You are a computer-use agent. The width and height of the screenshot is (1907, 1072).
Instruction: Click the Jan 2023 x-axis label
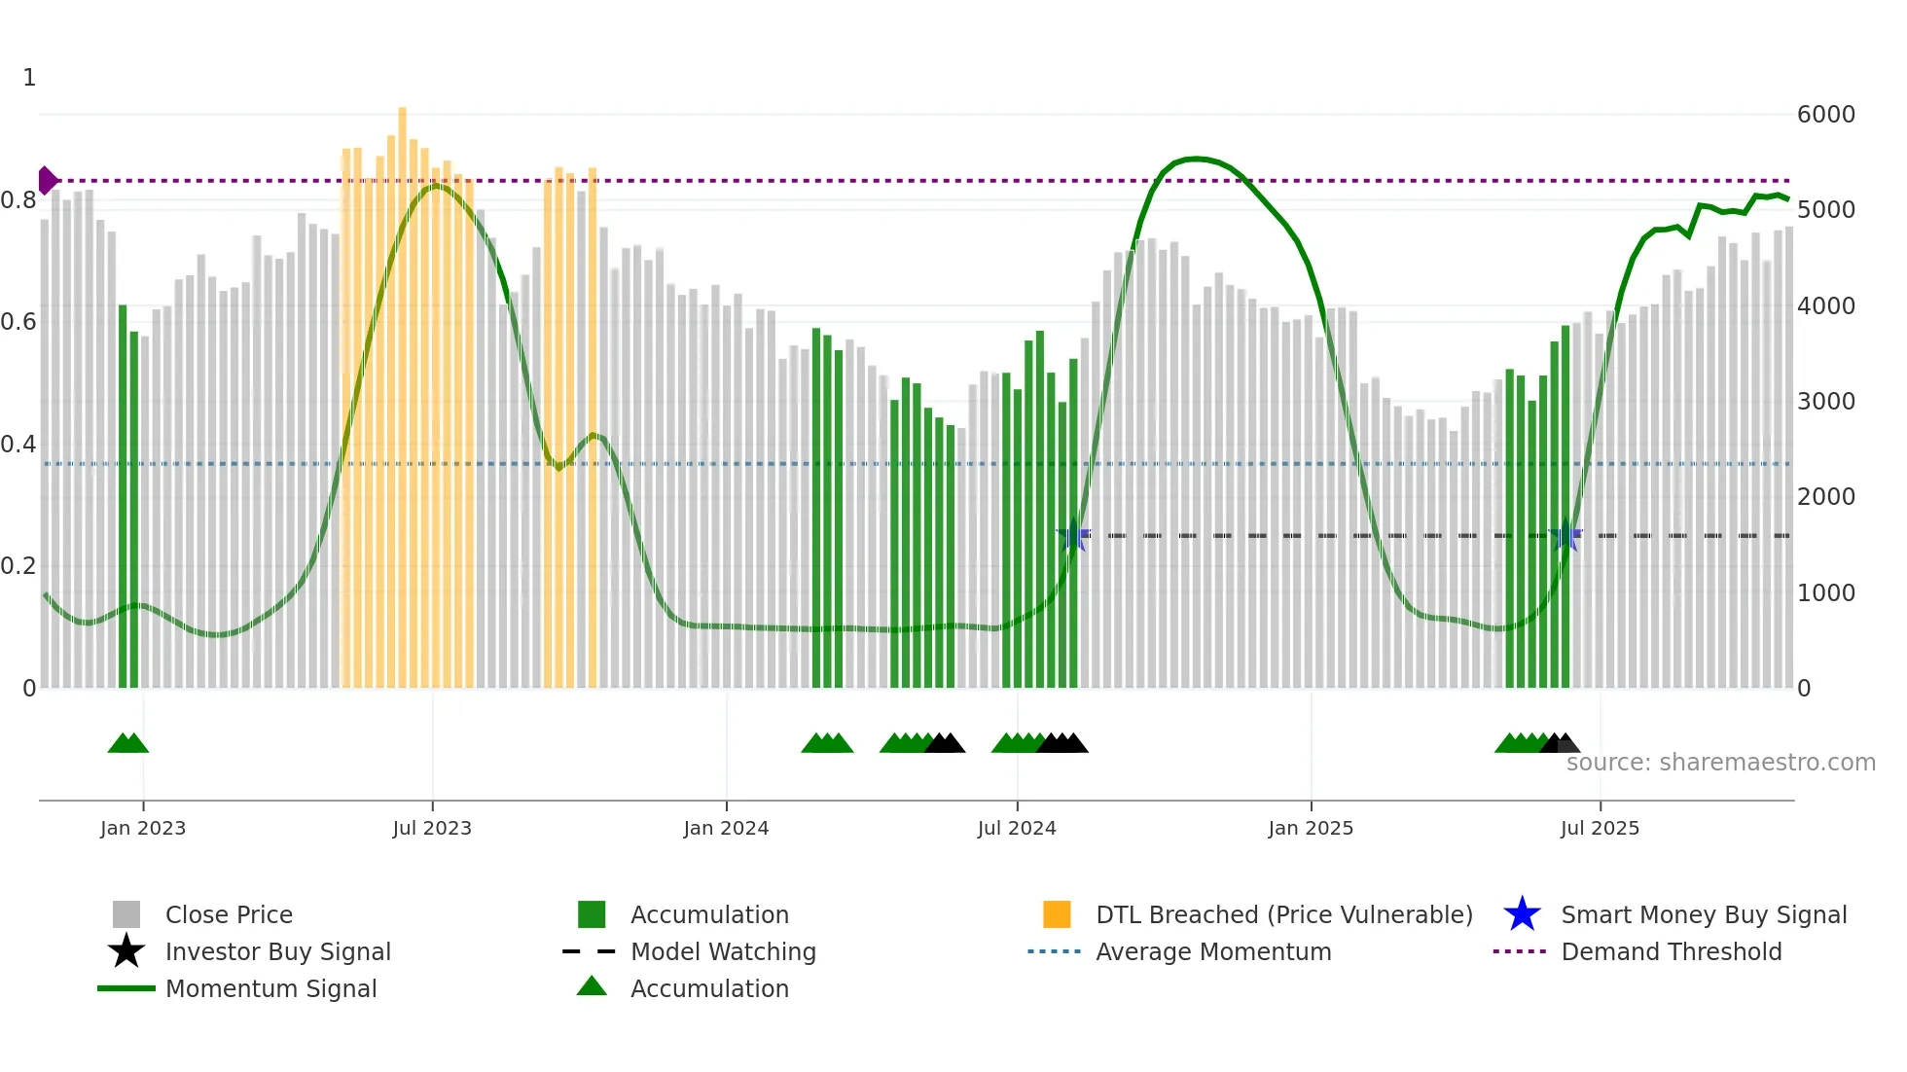[x=143, y=828]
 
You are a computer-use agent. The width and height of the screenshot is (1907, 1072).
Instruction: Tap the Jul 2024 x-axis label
[x=1017, y=828]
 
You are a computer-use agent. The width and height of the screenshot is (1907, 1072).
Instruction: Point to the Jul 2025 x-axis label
[x=1600, y=828]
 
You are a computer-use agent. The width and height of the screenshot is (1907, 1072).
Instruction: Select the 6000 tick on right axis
[x=1825, y=115]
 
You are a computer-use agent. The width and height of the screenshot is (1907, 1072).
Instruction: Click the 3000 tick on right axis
[x=1825, y=401]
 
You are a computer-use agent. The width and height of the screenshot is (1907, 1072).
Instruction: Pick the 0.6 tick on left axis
[x=18, y=322]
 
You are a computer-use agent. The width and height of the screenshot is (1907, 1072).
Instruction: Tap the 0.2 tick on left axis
[x=18, y=566]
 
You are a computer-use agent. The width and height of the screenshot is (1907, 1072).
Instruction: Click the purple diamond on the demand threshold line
[x=47, y=180]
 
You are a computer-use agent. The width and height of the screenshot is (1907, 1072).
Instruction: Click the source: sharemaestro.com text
[x=1720, y=762]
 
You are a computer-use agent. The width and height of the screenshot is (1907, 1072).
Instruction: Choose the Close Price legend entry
[x=229, y=914]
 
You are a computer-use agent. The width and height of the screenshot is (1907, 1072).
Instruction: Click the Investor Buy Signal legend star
[x=126, y=951]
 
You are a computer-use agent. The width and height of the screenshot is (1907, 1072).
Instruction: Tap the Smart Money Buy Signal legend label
[x=1703, y=914]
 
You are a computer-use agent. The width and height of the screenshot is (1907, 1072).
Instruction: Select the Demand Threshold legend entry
[x=1671, y=951]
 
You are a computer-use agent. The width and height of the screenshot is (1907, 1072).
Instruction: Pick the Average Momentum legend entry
[x=1212, y=951]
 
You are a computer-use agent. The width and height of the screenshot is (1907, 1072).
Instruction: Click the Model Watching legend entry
[x=722, y=951]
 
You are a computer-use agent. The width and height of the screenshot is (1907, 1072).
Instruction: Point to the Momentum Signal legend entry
[x=270, y=988]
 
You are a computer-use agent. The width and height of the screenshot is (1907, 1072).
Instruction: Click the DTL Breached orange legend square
[x=1057, y=914]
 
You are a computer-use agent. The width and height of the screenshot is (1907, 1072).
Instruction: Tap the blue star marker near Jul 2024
[x=1073, y=535]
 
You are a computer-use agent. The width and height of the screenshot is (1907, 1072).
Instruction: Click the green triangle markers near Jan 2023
[x=128, y=743]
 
